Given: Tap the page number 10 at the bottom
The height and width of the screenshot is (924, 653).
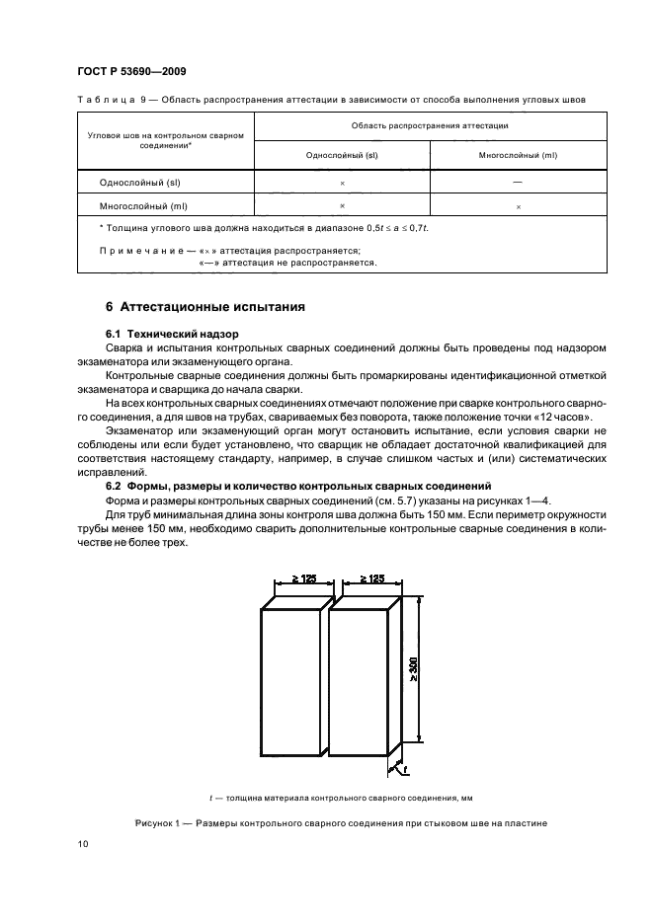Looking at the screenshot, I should (x=82, y=844).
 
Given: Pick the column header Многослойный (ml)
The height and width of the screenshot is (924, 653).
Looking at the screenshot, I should (x=518, y=155).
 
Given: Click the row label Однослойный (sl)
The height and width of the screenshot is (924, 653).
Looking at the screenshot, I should (x=139, y=183).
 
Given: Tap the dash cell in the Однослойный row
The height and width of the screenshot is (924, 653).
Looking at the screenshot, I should (x=518, y=183).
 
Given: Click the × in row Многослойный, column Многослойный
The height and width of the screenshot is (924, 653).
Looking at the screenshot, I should (x=518, y=207).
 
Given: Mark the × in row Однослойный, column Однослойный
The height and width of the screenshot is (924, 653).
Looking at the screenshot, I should (x=341, y=184).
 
